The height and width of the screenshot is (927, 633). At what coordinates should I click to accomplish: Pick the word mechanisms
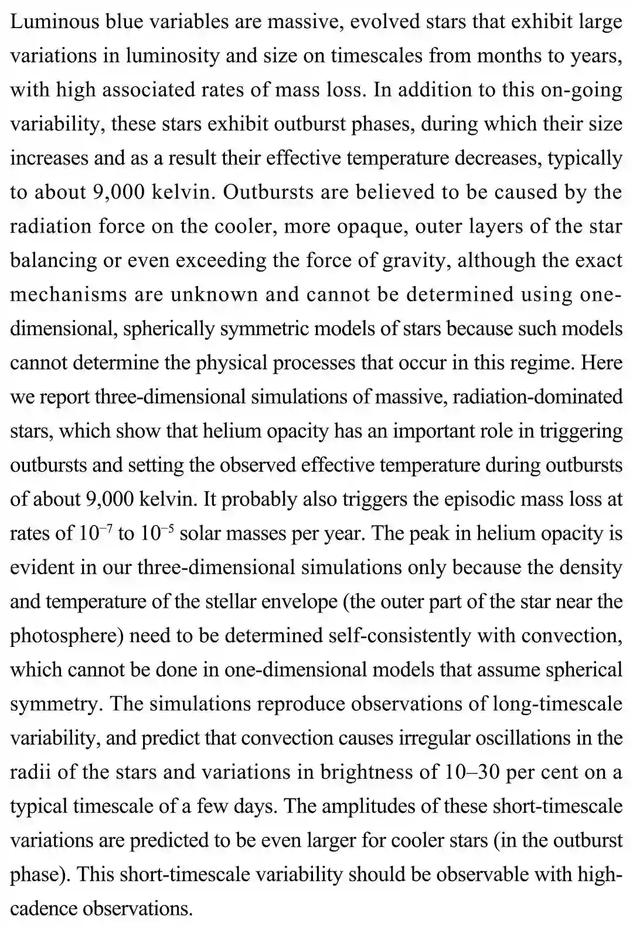click(x=68, y=294)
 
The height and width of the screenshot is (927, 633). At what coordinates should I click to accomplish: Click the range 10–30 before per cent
click(x=472, y=772)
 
